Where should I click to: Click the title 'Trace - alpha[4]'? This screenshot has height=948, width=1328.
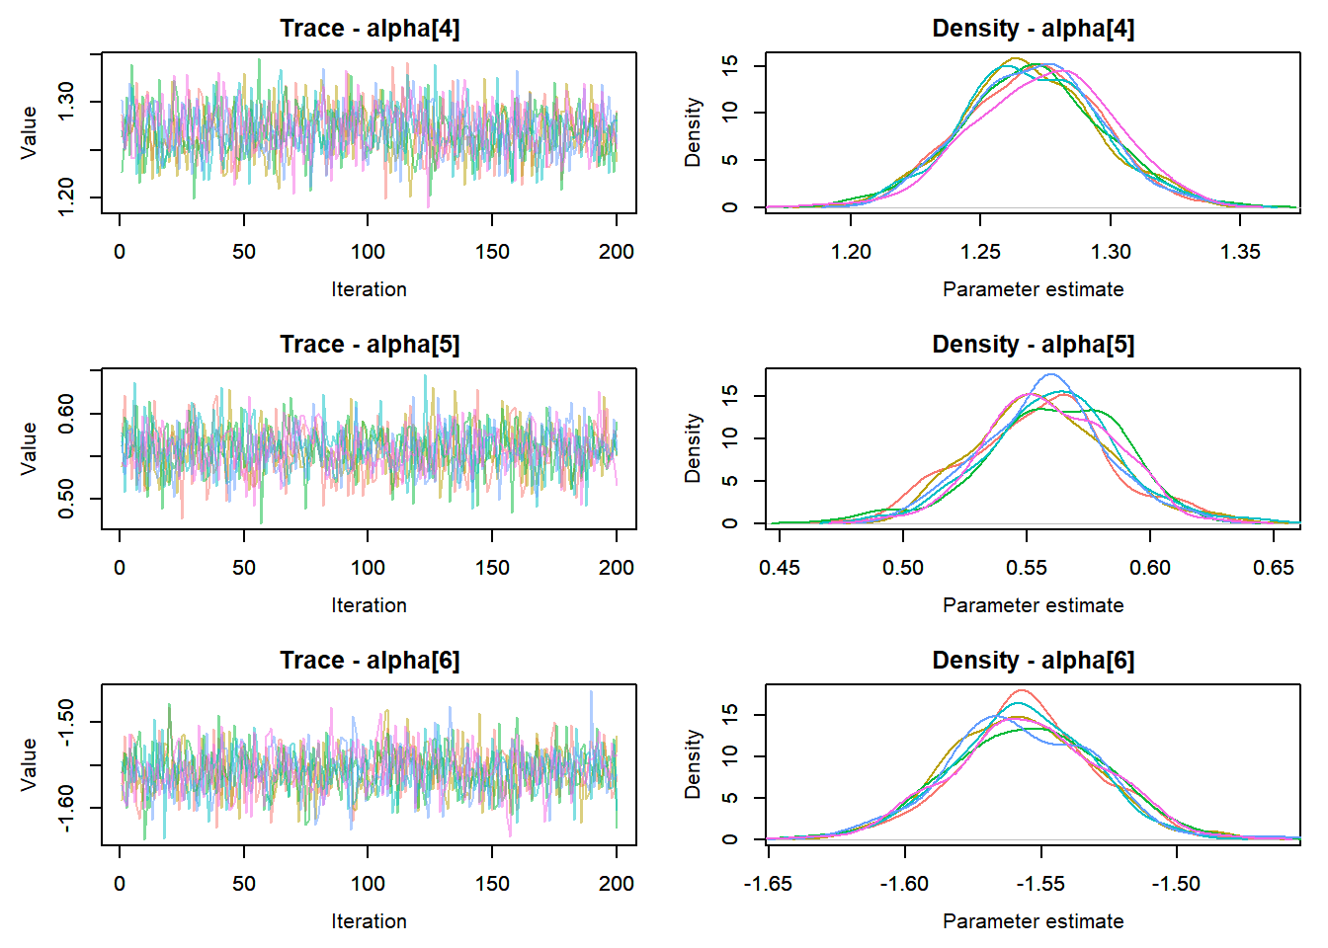point(370,29)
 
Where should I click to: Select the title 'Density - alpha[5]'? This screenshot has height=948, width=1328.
point(1033,345)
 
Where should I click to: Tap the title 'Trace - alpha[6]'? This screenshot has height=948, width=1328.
point(370,661)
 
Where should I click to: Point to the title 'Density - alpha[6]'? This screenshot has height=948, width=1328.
point(1033,661)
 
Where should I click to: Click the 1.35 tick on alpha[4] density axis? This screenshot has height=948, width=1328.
point(1240,252)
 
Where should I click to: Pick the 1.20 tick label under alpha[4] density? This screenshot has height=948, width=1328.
point(851,252)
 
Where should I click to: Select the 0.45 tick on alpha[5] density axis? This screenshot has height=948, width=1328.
point(780,568)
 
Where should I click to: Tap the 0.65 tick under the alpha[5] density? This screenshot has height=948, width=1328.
point(1274,568)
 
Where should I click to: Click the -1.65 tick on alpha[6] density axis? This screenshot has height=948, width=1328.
point(768,884)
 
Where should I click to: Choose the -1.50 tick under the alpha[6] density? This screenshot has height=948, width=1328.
point(1176,884)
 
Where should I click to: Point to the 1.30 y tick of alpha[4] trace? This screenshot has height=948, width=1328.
point(66,102)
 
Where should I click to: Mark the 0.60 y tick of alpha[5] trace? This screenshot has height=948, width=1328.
point(66,414)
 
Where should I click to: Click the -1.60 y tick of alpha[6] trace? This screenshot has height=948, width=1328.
point(66,808)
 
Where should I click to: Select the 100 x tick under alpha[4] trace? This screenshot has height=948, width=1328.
point(368,252)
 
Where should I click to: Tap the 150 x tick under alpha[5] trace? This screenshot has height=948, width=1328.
point(492,568)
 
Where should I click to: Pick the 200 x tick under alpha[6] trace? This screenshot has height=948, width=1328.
point(616,884)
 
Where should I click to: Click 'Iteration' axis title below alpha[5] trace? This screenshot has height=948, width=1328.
point(369,605)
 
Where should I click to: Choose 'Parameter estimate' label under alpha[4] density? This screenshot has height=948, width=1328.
point(1033,289)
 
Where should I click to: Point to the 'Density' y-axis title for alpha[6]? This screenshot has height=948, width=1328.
point(694,763)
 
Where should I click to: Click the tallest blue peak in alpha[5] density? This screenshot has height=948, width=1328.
point(1050,375)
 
